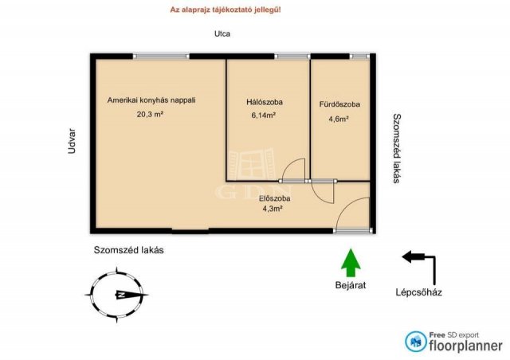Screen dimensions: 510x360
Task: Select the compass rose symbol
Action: click(x=117, y=295)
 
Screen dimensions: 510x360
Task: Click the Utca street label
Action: click(x=222, y=33)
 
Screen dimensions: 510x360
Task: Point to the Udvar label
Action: click(x=72, y=141)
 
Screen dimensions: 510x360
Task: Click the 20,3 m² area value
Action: click(x=150, y=114)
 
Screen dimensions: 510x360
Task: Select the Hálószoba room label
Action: click(x=265, y=102)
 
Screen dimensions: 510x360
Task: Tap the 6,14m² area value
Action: click(x=264, y=115)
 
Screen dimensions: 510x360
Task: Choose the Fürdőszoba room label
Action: click(x=339, y=104)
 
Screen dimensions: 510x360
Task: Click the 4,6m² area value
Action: click(x=339, y=119)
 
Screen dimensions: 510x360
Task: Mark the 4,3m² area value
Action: click(x=273, y=209)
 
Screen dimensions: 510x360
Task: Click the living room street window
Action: click(x=161, y=57)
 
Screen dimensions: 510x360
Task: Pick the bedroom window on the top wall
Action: click(x=292, y=57)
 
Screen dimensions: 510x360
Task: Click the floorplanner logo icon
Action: click(x=415, y=342)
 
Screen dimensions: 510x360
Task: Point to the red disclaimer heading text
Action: click(x=226, y=10)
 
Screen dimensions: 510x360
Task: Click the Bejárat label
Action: click(x=351, y=285)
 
